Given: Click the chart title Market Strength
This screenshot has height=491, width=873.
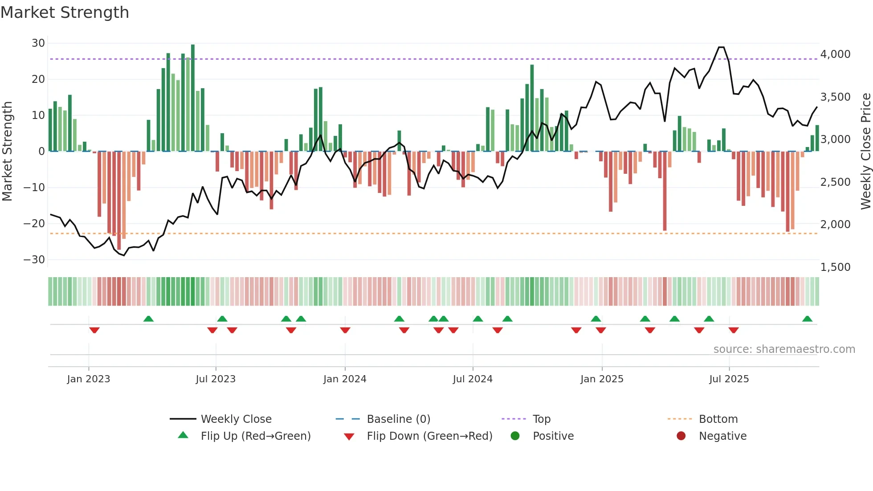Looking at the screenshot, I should click(65, 12).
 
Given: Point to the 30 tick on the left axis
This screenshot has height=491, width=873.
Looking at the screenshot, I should click(38, 43).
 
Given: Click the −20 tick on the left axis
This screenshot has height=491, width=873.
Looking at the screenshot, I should click(34, 224).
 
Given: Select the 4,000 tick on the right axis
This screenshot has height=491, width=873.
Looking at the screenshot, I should click(835, 54).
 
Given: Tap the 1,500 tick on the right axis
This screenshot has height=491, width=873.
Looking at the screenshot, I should click(835, 267).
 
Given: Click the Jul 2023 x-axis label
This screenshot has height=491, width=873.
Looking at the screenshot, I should click(216, 379).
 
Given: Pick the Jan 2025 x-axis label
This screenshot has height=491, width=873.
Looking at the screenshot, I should click(602, 379).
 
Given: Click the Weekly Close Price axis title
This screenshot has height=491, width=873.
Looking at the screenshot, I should click(865, 151).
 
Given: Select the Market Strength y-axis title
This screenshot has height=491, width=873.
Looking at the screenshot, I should click(7, 151).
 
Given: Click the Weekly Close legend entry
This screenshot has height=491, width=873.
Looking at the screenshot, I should click(236, 419).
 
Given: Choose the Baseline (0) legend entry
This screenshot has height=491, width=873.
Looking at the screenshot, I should click(398, 419).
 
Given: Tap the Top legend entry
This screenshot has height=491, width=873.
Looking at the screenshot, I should click(541, 419).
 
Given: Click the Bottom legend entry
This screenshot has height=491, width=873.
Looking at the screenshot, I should click(718, 419).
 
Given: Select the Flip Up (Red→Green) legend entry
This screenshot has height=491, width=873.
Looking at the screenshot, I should click(255, 436).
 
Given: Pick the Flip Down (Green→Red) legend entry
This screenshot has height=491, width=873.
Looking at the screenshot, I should click(429, 436).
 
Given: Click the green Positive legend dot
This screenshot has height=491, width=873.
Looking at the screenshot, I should click(515, 436).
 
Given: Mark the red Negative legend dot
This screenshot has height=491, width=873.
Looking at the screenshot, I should click(681, 436).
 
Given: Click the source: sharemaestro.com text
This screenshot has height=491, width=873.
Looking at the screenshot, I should click(784, 349).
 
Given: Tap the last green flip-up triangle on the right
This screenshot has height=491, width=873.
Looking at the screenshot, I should click(807, 319).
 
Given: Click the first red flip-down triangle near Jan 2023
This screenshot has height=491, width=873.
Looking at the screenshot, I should click(94, 330).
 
